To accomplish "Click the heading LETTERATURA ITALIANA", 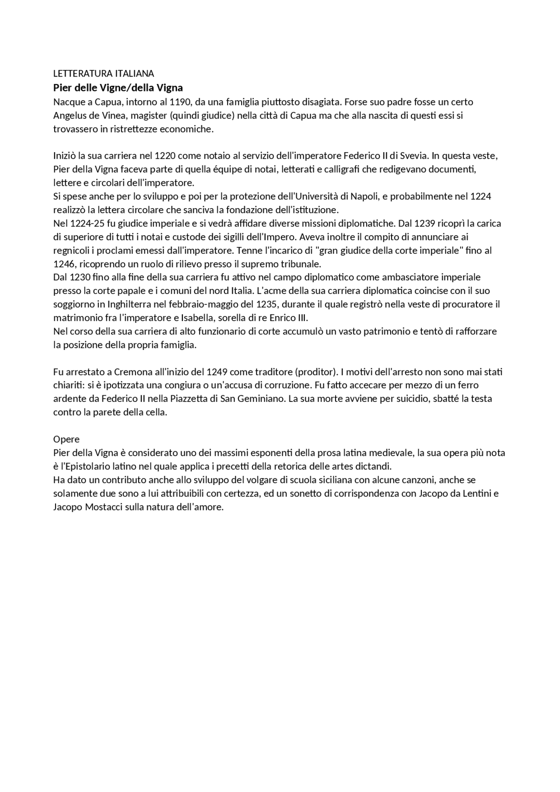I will coord(104,73).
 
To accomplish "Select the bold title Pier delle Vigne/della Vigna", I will coord(118,88).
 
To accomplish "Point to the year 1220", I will coord(165,156).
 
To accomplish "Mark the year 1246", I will coord(64,264).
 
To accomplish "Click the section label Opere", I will coord(66,440).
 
